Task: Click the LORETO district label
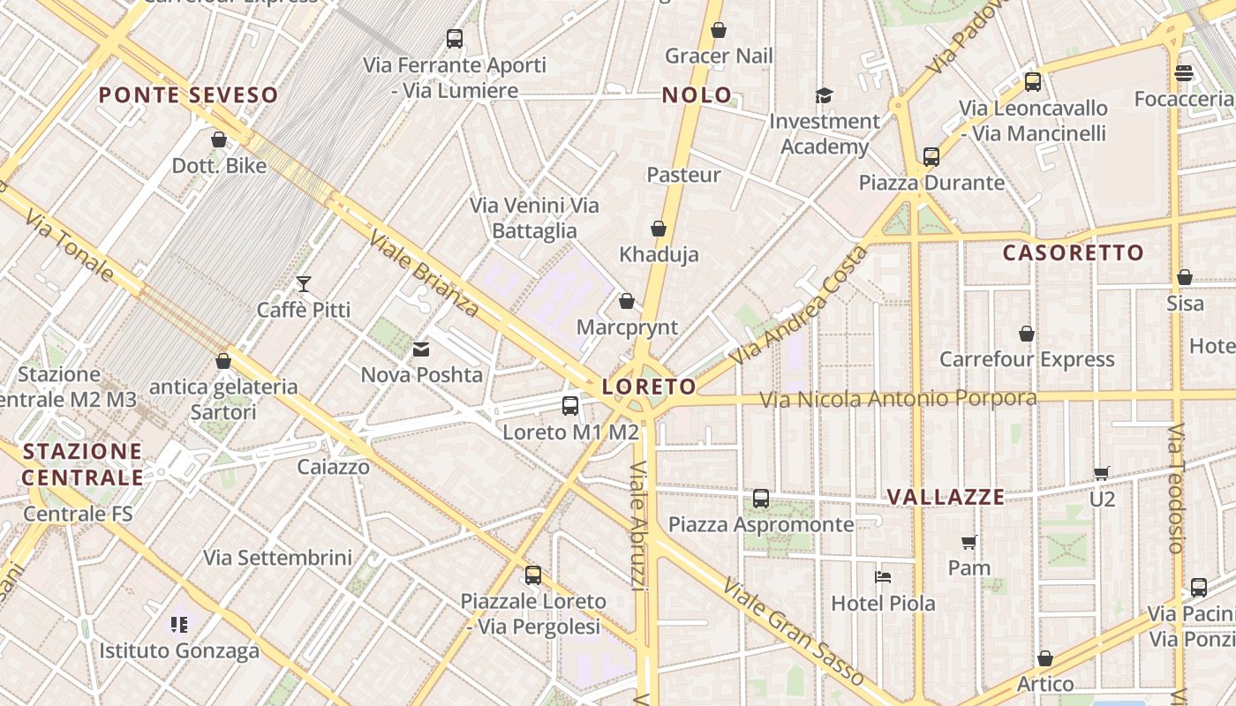tap(649, 387)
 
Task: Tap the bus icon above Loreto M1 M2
tap(570, 406)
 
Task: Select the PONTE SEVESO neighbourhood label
tap(188, 95)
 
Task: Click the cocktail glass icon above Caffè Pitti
tap(304, 284)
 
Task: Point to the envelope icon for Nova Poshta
tap(421, 349)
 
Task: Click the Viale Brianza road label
tap(424, 274)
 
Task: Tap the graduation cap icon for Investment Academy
tap(824, 95)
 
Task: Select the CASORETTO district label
tap(1073, 253)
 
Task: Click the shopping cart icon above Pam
tap(968, 542)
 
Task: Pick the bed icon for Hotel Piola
tap(883, 577)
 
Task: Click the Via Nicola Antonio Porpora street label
tap(898, 400)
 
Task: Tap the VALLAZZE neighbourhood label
tap(946, 497)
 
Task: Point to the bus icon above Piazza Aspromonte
tap(761, 499)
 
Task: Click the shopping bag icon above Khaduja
tap(658, 229)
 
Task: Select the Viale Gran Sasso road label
tap(792, 632)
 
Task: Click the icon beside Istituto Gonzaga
tap(179, 625)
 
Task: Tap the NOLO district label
tap(697, 95)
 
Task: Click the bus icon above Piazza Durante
tap(931, 157)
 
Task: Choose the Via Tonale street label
tap(69, 245)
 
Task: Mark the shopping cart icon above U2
tap(1101, 473)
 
